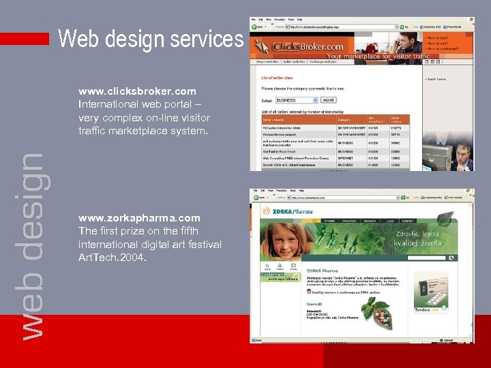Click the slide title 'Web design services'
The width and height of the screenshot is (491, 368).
[x=151, y=39]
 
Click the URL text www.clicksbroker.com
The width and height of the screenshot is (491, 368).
[x=137, y=91]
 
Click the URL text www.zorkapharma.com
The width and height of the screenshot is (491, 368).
[x=139, y=219]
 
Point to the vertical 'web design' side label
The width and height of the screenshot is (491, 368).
[x=31, y=245]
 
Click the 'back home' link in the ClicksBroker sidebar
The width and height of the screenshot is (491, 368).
[x=436, y=79]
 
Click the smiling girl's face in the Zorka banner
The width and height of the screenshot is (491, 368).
[x=286, y=239]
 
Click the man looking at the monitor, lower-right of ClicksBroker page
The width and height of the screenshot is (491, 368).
[x=462, y=157]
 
